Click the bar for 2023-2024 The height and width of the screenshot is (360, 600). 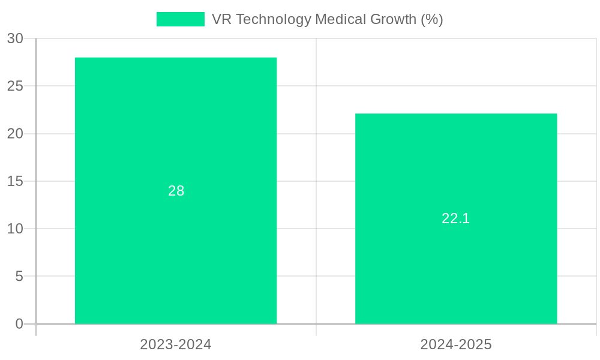pos(176,120)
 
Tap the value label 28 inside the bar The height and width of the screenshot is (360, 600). pos(176,191)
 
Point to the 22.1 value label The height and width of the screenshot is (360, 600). pos(456,218)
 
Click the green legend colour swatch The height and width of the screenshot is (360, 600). pos(180,19)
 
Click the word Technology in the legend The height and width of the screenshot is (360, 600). pos(274,19)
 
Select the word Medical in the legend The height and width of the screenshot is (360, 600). pos(339,19)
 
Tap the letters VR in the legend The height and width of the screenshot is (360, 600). pos(222,19)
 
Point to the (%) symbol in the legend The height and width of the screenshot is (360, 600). pos(432,19)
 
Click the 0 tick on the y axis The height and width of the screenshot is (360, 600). pos(19,324)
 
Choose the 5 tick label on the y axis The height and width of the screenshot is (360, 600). pos(19,277)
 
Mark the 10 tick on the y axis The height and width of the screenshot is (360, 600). pos(16,229)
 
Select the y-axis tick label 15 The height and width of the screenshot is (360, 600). pos(16,181)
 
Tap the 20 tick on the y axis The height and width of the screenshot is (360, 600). pos(16,134)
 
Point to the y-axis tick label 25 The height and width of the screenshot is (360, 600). pos(16,86)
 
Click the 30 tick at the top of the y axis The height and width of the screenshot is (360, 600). pos(16,38)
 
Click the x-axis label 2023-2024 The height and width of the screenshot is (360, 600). pos(176,344)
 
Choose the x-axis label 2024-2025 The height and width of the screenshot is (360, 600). pos(456,344)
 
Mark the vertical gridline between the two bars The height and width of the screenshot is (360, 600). pos(316,180)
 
